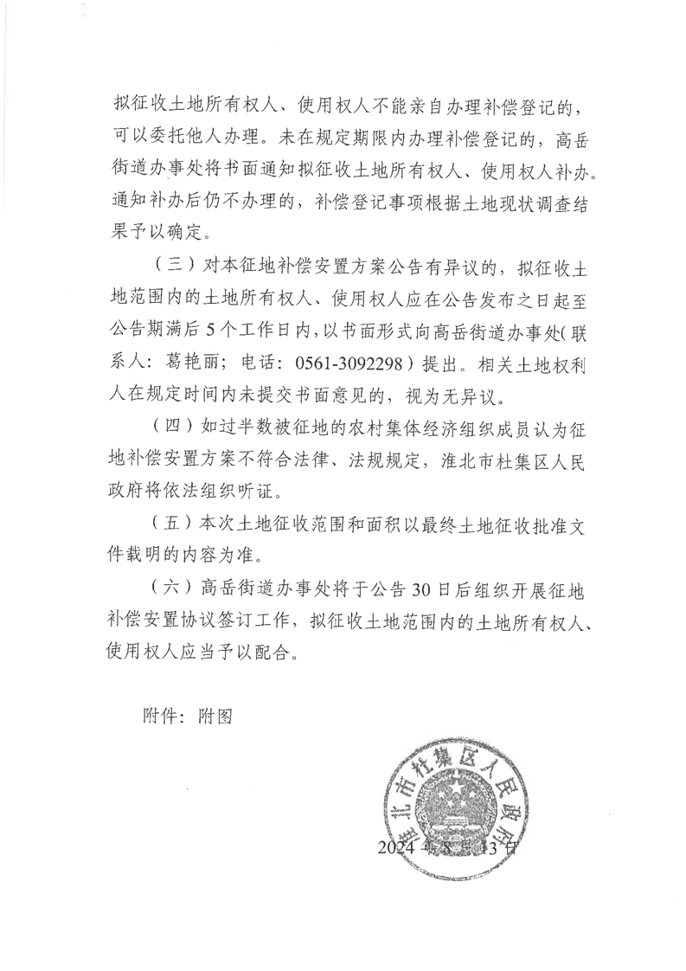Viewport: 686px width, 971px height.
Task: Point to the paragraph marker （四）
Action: point(170,427)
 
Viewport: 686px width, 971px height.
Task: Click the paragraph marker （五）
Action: point(170,524)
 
